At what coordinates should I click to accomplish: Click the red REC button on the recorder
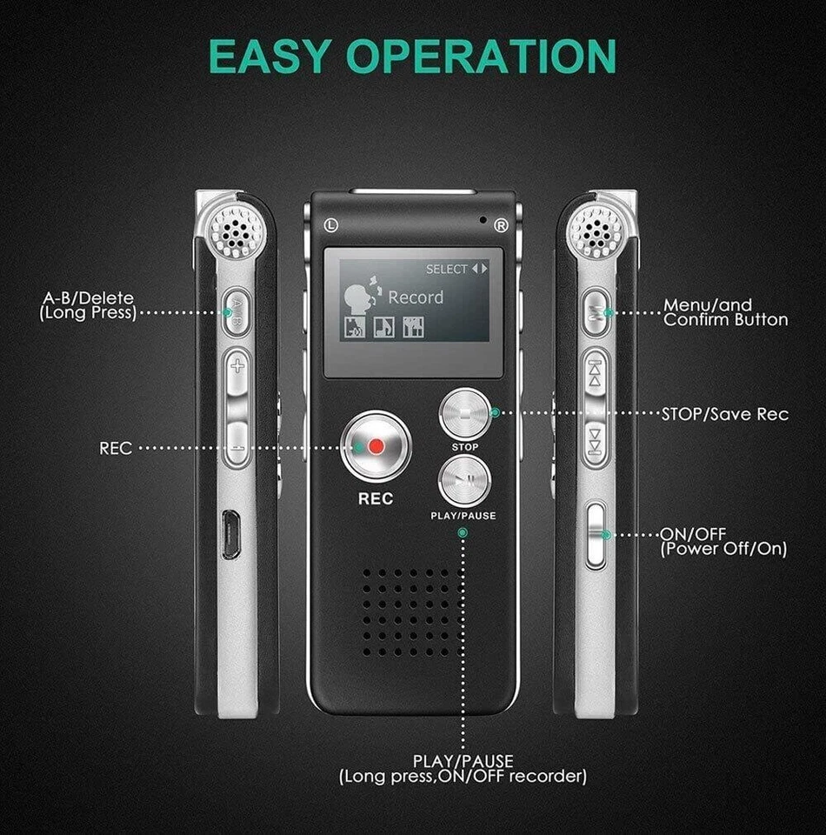(375, 446)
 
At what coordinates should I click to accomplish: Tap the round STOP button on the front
(464, 413)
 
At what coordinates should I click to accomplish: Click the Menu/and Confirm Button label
(726, 312)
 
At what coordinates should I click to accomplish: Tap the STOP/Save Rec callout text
(725, 414)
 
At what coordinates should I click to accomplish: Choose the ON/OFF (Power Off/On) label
(723, 541)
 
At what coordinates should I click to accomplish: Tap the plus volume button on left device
(236, 366)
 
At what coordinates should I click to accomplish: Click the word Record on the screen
(415, 297)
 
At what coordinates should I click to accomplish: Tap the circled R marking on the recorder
(500, 225)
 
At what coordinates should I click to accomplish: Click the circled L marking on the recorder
(329, 225)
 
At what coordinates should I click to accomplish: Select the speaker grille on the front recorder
(412, 612)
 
